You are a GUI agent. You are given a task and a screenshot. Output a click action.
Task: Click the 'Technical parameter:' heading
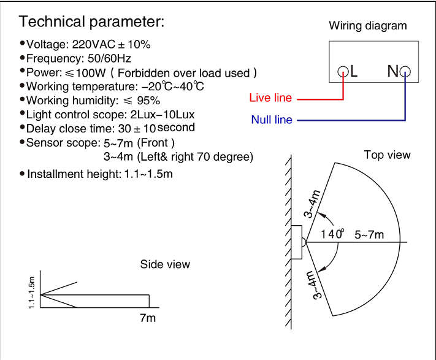[x=91, y=22]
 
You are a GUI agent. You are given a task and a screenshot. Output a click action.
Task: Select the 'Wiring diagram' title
[x=368, y=26]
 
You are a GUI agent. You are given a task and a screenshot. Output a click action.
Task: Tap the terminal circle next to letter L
[x=343, y=71]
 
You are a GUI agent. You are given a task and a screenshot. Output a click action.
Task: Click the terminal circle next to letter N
[x=405, y=71]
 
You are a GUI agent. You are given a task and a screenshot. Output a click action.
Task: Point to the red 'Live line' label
[x=270, y=98]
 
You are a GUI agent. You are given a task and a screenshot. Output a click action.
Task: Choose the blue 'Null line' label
[x=272, y=120]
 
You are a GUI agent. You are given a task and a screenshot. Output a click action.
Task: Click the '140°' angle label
[x=332, y=234]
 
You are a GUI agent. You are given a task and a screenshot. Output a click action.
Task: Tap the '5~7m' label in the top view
[x=369, y=235]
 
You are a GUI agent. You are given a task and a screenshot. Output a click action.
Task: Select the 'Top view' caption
[x=388, y=155]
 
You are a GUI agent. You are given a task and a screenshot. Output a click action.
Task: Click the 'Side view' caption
[x=165, y=264]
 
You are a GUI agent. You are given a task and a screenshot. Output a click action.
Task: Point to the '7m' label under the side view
[x=148, y=318]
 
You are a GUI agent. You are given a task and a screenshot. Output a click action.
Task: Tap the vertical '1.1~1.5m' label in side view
[x=32, y=293]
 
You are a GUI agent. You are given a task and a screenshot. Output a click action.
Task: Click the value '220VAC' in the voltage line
[x=93, y=45]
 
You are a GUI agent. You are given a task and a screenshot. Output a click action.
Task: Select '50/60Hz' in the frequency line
[x=109, y=58]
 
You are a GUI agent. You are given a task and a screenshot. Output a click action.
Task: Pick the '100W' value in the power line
[x=91, y=73]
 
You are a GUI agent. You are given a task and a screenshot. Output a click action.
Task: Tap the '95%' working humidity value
[x=148, y=101]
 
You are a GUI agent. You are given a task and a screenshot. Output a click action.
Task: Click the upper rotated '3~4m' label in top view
[x=312, y=204]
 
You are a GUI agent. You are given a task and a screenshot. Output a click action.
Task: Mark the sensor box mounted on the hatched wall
[x=296, y=242]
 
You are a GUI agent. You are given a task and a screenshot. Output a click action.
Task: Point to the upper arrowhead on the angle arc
[x=321, y=215]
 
